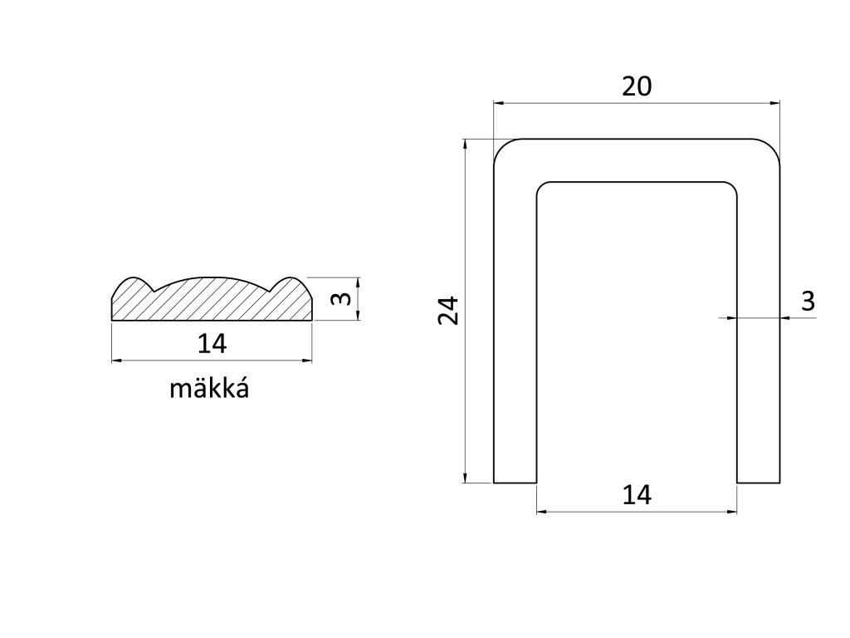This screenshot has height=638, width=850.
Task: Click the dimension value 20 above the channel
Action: [637, 86]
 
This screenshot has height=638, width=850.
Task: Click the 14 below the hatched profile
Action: [212, 342]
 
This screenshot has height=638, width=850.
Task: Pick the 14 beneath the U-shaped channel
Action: [637, 495]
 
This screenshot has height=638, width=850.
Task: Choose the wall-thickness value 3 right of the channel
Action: [808, 302]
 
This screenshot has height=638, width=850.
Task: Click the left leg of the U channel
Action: [515, 332]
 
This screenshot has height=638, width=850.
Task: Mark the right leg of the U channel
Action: [759, 332]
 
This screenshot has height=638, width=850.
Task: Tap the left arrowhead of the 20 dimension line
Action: [499, 103]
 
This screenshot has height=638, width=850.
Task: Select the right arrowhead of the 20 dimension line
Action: [777, 103]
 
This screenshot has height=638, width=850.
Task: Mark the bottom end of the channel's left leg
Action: [515, 481]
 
